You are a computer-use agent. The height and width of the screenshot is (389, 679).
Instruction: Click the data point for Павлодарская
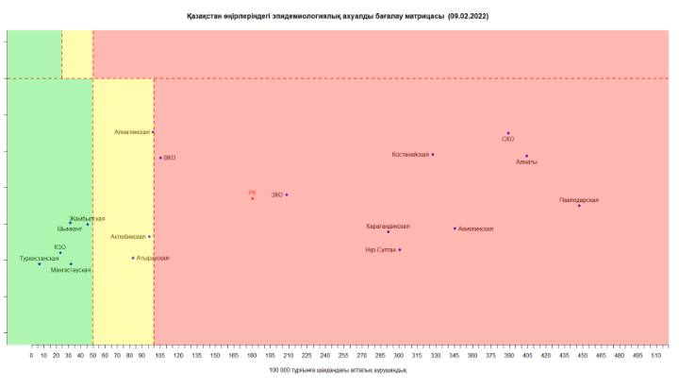click(x=579, y=205)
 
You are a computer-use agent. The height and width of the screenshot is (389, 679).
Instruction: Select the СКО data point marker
click(x=508, y=133)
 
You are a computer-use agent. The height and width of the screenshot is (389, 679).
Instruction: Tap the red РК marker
click(x=253, y=198)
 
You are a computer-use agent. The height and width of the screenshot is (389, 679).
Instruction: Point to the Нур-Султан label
click(x=380, y=249)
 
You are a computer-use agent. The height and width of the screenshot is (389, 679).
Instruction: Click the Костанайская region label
click(x=410, y=154)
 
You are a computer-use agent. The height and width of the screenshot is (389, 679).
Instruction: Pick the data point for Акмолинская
click(x=455, y=228)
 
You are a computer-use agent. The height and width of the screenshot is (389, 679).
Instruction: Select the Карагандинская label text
click(x=388, y=226)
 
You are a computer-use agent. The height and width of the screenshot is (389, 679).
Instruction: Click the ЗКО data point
click(x=287, y=194)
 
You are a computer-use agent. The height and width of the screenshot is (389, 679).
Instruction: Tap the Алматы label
click(x=526, y=162)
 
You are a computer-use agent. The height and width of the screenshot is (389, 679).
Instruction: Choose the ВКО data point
click(x=160, y=158)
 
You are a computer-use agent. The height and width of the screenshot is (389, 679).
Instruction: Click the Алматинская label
click(x=132, y=132)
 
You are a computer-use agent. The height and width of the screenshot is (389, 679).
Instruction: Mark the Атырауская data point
click(x=133, y=257)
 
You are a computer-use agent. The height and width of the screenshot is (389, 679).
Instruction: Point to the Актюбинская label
click(x=128, y=236)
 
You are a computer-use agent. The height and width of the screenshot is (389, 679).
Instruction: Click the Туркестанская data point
click(x=40, y=263)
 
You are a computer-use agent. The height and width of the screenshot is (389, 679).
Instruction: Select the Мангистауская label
click(x=71, y=270)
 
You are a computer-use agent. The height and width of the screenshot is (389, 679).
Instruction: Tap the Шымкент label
click(x=70, y=228)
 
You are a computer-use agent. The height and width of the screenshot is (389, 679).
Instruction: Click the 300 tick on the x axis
click(x=399, y=356)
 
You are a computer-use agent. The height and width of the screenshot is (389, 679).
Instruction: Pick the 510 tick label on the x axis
click(x=656, y=356)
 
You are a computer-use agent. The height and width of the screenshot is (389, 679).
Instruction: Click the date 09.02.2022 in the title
click(x=468, y=16)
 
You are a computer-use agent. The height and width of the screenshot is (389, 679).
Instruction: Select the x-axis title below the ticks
click(x=338, y=370)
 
